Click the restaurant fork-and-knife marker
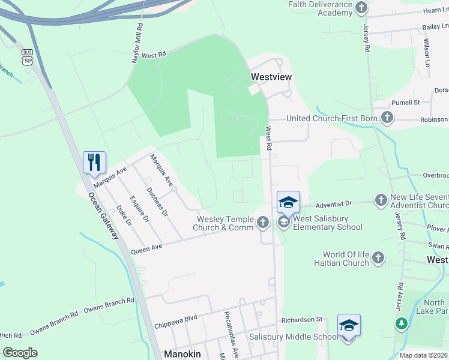pos(94,163)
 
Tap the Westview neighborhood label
pos(271,77)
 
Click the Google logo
pos(20,353)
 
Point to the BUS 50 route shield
pos(27,58)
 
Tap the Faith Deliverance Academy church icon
pos(361,8)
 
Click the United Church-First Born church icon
pos(387,118)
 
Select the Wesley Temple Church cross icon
pos(262,223)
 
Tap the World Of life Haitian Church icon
pos(378,259)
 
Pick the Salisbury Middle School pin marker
pos(349,326)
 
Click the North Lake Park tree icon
pos(401,324)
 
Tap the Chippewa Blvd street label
pos(176,325)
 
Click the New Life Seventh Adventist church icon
pos(381,199)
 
